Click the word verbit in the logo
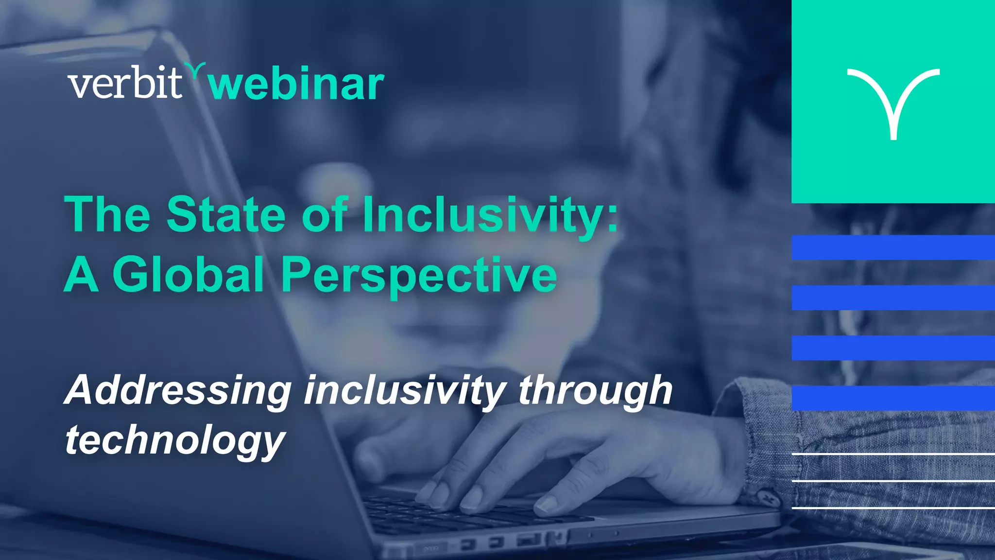click(x=125, y=84)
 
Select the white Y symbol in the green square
click(x=893, y=102)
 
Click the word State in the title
click(x=226, y=214)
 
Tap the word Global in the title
click(x=189, y=275)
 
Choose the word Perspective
click(x=419, y=276)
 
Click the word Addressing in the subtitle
click(x=178, y=390)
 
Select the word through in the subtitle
click(x=595, y=390)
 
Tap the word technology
click(x=175, y=440)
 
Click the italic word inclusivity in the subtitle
click(x=405, y=390)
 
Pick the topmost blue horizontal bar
click(x=893, y=247)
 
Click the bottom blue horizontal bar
click(x=893, y=398)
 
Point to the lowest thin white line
click(x=893, y=507)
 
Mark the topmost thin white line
click(x=893, y=454)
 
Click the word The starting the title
click(x=107, y=214)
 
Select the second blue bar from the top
click(x=893, y=297)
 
